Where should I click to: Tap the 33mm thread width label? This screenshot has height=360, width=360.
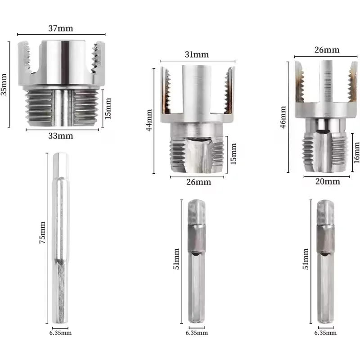pos(62,135)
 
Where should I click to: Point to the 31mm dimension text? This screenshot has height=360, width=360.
pos(197,55)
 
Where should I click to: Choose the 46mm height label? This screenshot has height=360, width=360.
pos(283,117)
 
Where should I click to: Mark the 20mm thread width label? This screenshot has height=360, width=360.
pos(327,181)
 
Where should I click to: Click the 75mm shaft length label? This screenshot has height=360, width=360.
pos(43,232)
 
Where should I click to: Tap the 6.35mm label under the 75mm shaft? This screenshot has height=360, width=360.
pos(61,333)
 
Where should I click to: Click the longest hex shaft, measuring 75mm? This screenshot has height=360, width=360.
pos(60,238)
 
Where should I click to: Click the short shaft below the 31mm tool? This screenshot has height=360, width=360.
pos(196,261)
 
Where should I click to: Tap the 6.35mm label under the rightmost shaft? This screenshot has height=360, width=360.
pos(326,333)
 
